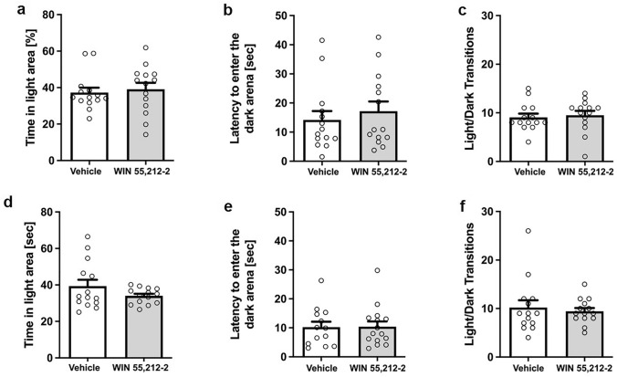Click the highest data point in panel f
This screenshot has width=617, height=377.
coord(531,231)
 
